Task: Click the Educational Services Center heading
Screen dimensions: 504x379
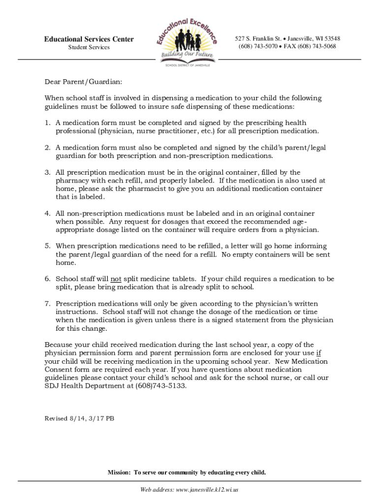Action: point(89,39)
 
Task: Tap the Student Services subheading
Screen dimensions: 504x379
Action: point(89,47)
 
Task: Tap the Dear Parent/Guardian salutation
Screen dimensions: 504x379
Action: point(83,82)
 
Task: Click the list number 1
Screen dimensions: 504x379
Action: point(47,123)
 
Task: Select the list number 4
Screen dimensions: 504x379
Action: point(47,213)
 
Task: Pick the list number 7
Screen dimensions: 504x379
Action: point(47,303)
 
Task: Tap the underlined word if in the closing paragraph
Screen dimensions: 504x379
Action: point(318,353)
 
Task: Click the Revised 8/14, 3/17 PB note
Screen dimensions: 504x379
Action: point(79,418)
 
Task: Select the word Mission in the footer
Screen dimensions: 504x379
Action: point(119,472)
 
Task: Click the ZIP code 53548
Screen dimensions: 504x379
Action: point(331,38)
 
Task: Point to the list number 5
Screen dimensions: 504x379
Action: point(47,246)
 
